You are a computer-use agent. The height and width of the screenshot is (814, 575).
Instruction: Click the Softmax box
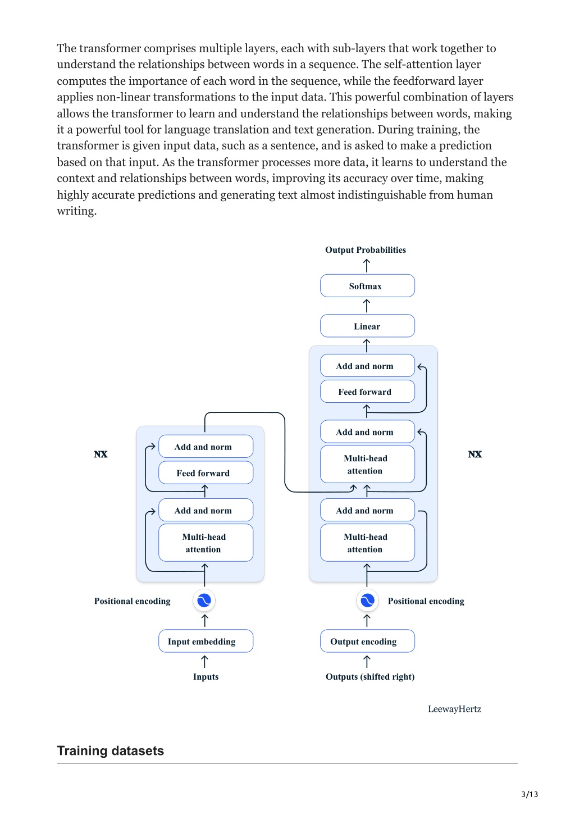pos(367,285)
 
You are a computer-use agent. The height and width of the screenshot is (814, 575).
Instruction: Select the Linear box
pos(367,326)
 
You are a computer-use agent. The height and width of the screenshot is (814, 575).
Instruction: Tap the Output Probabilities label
pos(366,249)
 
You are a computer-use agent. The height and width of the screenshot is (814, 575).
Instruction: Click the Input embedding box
pos(206,641)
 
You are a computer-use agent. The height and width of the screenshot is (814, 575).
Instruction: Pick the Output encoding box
pos(367,641)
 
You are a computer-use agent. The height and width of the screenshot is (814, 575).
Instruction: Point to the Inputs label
pos(206,676)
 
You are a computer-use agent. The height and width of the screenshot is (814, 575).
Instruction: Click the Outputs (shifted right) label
pos(370,676)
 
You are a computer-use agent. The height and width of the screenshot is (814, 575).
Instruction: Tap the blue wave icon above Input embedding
pos(204,601)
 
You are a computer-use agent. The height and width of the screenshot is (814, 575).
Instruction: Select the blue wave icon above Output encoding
pos(367,601)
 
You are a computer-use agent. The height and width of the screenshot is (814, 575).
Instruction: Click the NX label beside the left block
pos(101,454)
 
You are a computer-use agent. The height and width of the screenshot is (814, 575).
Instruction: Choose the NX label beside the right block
pos(474,454)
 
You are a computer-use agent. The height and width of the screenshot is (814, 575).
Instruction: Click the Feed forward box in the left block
pos(206,473)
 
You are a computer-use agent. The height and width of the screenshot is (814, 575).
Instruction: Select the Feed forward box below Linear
pos(367,392)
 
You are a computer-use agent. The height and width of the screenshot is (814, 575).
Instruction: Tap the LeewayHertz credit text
pos(454,709)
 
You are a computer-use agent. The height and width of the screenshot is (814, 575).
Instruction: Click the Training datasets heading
pos(111,751)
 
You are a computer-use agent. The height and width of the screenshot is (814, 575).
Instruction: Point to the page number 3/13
pos(530,794)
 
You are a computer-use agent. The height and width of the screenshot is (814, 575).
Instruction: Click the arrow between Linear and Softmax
pos(367,306)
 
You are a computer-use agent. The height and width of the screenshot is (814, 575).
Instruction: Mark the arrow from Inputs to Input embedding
pos(204,661)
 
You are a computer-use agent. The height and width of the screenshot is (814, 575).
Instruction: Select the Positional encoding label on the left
pos(132,601)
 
